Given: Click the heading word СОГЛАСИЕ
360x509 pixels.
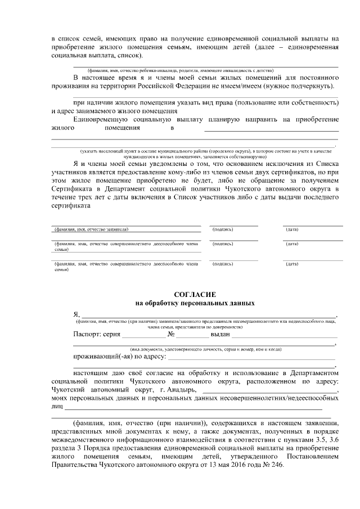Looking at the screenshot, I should [x=195, y=294].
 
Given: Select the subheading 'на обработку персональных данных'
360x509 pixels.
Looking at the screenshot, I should [x=195, y=303].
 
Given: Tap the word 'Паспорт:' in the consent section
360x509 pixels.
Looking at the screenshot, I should [x=87, y=334].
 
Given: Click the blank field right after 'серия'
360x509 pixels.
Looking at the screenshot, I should [x=142, y=335].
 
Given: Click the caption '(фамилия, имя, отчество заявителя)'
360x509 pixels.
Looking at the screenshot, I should [x=91, y=229].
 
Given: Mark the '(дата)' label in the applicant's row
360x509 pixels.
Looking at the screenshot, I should [x=292, y=229].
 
